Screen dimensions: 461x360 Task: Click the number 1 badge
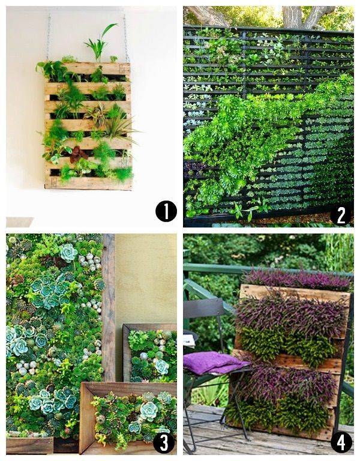[x=166, y=211]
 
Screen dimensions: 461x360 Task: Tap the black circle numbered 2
[x=341, y=214]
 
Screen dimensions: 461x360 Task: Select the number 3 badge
[x=163, y=442]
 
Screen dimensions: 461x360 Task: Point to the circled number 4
[x=341, y=442]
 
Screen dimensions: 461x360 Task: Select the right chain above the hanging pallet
[x=126, y=37]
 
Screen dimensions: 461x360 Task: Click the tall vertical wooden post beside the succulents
[x=108, y=306]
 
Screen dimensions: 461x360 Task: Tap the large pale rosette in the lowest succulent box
[x=148, y=411]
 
